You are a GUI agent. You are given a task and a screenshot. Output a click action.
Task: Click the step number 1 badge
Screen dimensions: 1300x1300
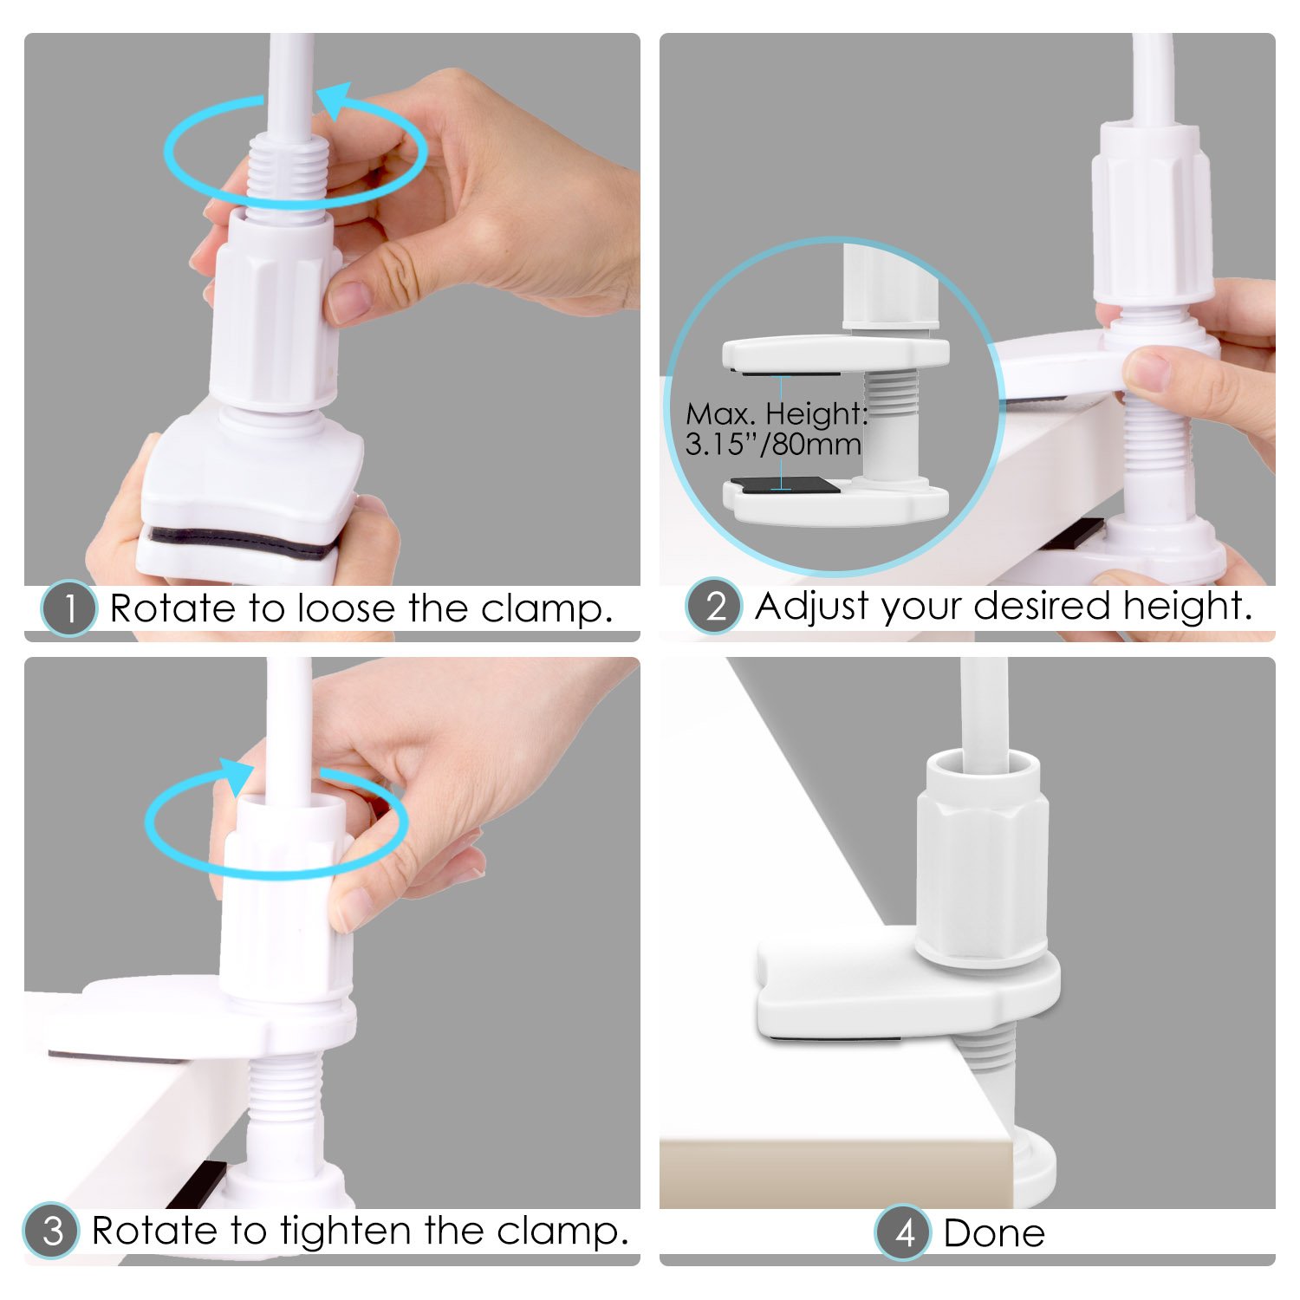(x=68, y=608)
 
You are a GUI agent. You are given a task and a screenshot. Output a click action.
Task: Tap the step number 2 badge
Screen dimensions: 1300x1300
(x=714, y=606)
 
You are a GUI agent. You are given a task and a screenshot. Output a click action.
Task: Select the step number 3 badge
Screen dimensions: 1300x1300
(x=51, y=1231)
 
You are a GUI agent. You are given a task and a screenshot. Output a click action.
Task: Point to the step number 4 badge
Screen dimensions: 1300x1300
(x=903, y=1232)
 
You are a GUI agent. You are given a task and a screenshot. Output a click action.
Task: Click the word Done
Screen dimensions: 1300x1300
(x=994, y=1233)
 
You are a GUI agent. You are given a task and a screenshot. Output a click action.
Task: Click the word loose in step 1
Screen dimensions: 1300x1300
(x=341, y=608)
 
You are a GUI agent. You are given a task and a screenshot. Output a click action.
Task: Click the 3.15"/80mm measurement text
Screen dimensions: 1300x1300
(x=773, y=444)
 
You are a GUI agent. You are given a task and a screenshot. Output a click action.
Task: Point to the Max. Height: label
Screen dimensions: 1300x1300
(x=777, y=413)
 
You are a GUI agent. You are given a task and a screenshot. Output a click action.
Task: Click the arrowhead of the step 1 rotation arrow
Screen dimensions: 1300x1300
(x=334, y=100)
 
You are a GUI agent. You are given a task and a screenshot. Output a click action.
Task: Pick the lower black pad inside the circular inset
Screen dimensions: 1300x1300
(x=785, y=484)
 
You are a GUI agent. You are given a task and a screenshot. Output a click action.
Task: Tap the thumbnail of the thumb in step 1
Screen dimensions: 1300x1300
(x=350, y=302)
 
